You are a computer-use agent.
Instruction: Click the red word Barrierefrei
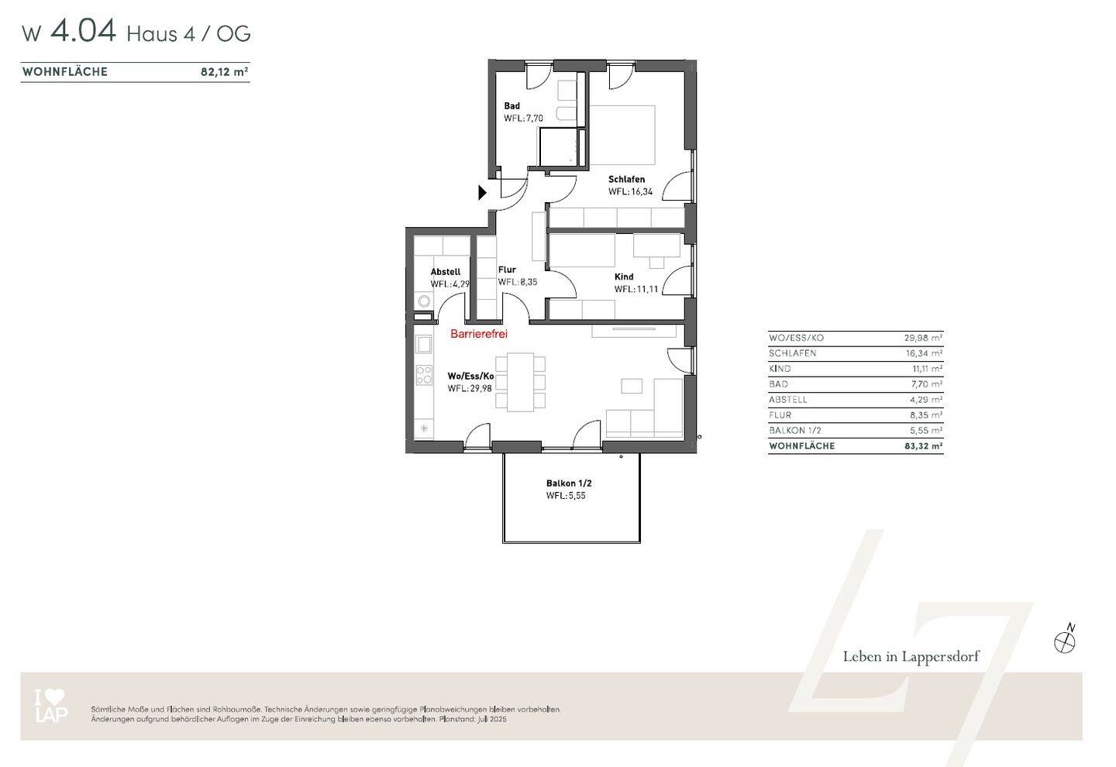pos(479,334)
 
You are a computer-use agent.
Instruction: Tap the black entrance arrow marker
pos(483,192)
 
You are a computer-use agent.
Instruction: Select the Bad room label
pos(511,106)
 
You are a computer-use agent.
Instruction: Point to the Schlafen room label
pos(626,179)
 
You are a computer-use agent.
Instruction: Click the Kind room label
pos(624,277)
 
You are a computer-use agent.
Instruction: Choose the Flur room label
pos(507,270)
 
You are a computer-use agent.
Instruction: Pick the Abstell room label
pos(446,272)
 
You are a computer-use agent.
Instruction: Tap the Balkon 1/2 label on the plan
pos(569,483)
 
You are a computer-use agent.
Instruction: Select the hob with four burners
pos(424,375)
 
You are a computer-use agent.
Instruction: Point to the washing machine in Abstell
pos(423,301)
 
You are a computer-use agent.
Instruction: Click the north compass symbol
pos(1065,640)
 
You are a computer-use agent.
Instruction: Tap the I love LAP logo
pos(51,705)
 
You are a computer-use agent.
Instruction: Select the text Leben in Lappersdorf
pos(911,657)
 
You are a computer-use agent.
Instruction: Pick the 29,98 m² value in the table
pos(923,338)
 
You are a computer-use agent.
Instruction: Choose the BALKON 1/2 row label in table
pos(794,431)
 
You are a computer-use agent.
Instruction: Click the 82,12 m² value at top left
pos(224,72)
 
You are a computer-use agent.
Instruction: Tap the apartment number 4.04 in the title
pos(83,32)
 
